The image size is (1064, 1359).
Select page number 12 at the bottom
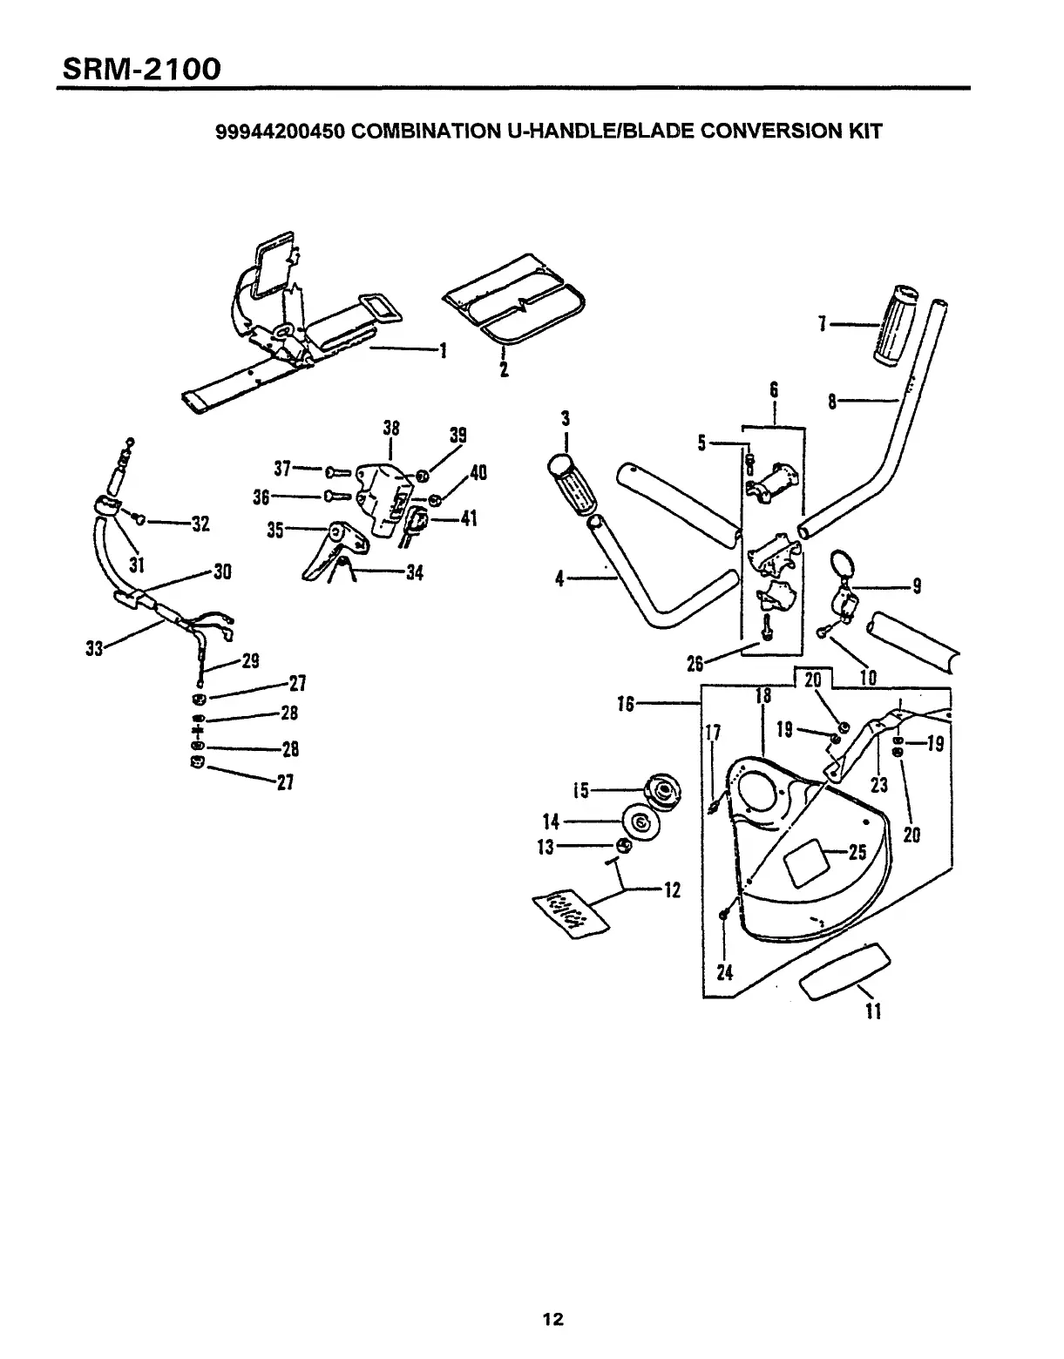click(552, 1319)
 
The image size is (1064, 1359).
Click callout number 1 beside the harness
click(444, 350)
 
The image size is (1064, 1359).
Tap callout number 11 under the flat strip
click(873, 1011)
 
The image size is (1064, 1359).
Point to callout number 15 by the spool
click(580, 791)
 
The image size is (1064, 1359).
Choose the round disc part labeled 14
click(640, 822)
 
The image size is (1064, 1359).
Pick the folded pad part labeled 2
click(514, 304)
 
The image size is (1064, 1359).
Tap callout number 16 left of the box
click(626, 703)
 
